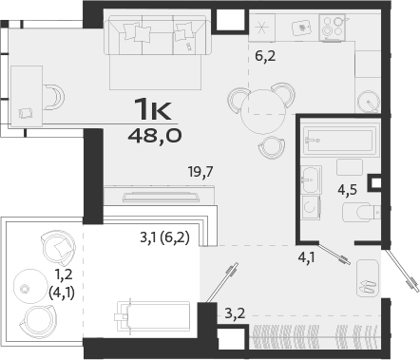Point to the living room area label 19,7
click(x=200, y=172)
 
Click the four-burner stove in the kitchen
click(x=334, y=28)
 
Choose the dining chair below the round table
click(x=271, y=145)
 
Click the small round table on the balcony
click(x=27, y=282)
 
